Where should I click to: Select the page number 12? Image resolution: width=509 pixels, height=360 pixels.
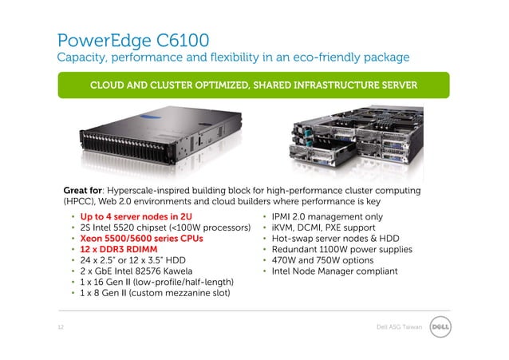coord(60,327)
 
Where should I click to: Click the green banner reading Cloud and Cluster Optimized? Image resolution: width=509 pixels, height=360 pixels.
coord(253,85)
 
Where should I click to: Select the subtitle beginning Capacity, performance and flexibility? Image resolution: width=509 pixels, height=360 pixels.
coord(232,57)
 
